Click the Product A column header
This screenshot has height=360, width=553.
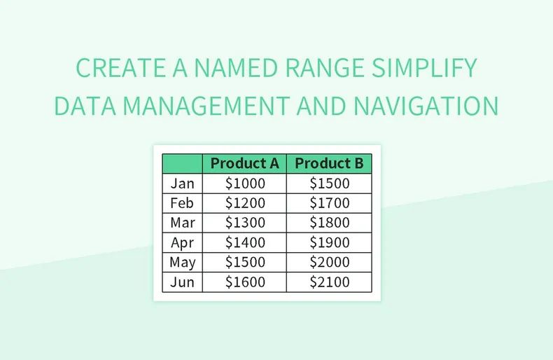(x=244, y=163)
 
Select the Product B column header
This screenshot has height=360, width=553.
(x=329, y=163)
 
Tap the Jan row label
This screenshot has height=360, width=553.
(x=182, y=184)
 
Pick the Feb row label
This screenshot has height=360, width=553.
(x=182, y=203)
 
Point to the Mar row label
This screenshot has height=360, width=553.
(x=182, y=223)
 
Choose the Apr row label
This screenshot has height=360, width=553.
(x=182, y=243)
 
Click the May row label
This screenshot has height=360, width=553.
(x=182, y=263)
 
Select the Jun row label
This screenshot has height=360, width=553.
(x=182, y=282)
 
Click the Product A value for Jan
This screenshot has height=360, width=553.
(x=244, y=184)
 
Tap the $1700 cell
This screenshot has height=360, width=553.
(x=329, y=203)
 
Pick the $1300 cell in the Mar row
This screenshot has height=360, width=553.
(x=244, y=223)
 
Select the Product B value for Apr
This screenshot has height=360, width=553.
(x=329, y=243)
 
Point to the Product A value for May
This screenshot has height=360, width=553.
(x=244, y=263)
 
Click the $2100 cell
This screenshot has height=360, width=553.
(x=329, y=282)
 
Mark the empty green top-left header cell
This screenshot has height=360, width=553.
(x=182, y=163)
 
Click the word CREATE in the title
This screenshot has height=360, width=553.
(x=116, y=69)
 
